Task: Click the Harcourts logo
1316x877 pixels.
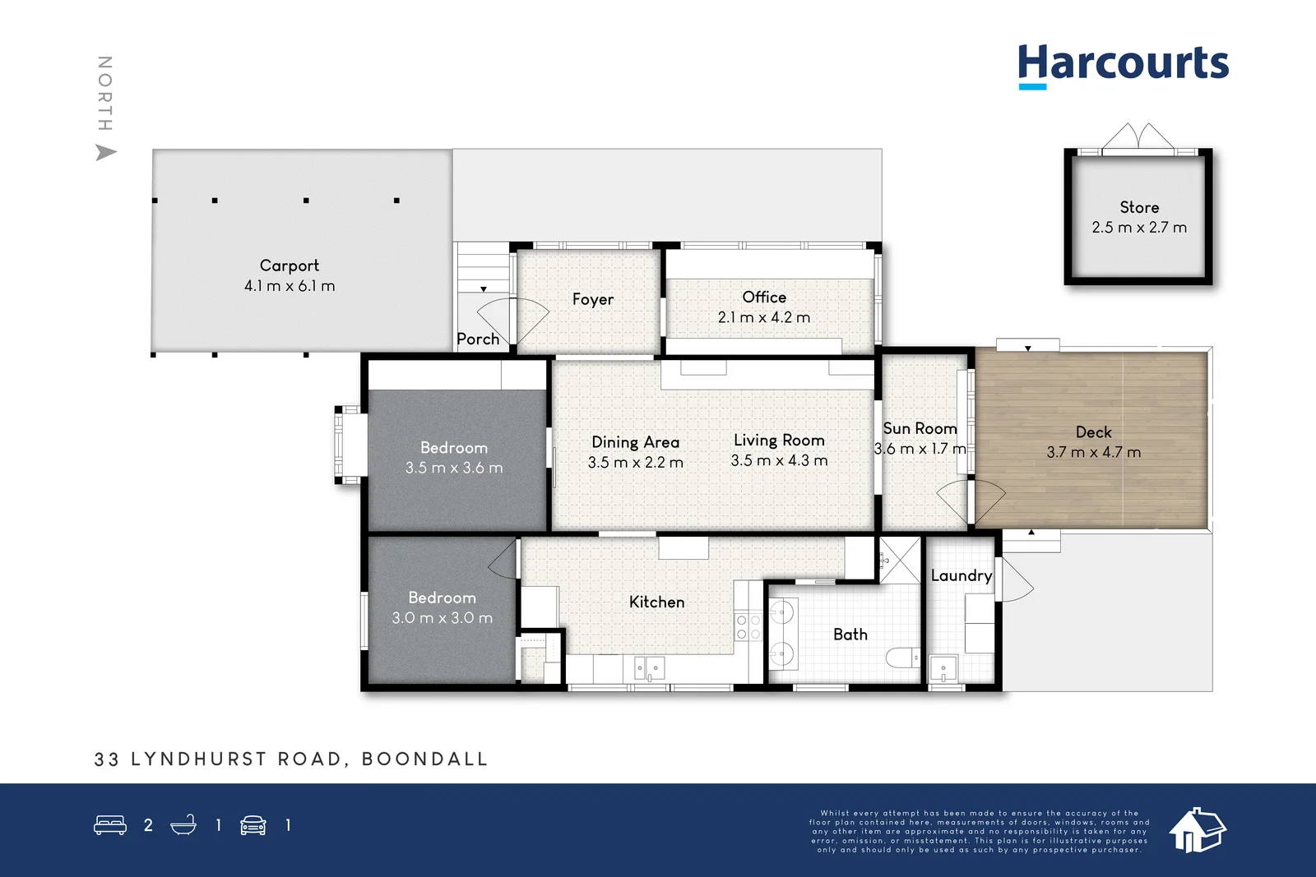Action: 1123,65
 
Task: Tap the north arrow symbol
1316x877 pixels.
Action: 106,153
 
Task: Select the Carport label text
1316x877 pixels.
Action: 289,265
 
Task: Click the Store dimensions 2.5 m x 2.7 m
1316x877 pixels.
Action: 1139,228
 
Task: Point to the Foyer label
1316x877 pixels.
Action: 592,299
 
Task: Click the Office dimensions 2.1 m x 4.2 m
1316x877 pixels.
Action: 763,317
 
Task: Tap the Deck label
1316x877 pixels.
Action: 1093,432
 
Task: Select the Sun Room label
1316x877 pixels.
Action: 920,428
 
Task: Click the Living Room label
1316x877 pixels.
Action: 778,441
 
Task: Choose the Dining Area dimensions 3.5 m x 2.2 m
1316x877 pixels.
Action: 635,463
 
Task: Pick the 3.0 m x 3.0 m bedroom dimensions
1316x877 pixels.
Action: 442,618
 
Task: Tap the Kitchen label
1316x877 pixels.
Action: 656,602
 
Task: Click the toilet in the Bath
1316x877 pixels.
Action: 902,658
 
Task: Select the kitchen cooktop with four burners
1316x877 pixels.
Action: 748,627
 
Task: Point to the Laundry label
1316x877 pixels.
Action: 961,575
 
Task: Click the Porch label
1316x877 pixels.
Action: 478,339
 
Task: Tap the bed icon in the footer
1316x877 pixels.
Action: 110,824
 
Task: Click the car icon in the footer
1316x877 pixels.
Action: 253,825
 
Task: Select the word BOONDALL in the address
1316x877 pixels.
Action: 425,759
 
